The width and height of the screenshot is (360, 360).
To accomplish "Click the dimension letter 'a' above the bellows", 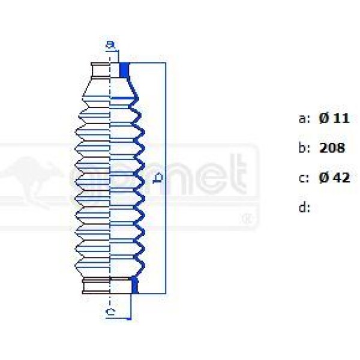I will (x=110, y=44).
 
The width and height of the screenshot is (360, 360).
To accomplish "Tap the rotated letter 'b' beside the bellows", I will (x=157, y=178).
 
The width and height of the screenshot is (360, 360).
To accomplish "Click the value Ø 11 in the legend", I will (x=334, y=118).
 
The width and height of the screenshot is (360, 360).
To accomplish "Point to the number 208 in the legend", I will (x=332, y=148).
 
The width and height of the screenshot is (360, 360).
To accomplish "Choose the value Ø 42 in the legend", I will (x=334, y=178).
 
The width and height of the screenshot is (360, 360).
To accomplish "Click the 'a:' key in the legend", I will (x=304, y=118).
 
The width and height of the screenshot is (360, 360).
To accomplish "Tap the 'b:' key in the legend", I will (x=304, y=148).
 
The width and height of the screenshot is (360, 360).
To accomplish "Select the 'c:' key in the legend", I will (x=304, y=178).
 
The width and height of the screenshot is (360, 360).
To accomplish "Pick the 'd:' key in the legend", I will (x=304, y=208).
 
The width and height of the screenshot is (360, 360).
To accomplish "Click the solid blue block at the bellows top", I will (x=124, y=70).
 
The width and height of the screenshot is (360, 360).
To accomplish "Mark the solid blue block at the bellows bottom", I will (x=134, y=286).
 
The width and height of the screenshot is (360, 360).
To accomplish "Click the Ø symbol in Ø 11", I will (x=323, y=118).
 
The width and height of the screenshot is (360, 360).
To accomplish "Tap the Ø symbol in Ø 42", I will (x=323, y=178).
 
